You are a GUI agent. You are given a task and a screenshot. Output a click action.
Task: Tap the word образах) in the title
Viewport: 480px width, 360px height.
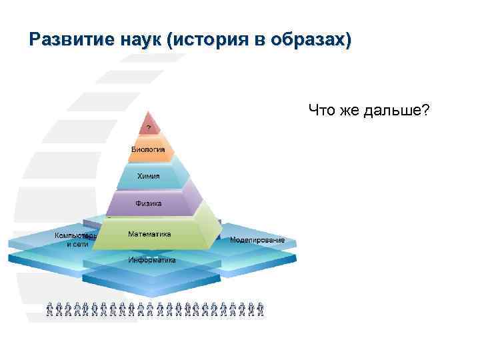pyautogui.click(x=313, y=41)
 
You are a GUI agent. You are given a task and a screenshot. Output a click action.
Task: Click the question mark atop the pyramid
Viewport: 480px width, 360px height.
pyautogui.click(x=149, y=127)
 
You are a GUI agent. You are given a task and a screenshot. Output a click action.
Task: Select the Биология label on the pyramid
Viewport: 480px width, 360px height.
pyautogui.click(x=147, y=150)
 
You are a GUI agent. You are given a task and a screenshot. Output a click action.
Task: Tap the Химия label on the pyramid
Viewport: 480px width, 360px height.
pyautogui.click(x=148, y=176)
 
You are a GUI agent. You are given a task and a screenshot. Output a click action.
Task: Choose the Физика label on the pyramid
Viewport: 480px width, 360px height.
pyautogui.click(x=148, y=203)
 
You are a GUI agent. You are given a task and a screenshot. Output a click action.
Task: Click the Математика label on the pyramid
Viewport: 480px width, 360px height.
pyautogui.click(x=149, y=235)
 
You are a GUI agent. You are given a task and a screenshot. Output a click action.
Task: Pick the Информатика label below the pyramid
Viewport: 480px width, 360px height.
pyautogui.click(x=152, y=260)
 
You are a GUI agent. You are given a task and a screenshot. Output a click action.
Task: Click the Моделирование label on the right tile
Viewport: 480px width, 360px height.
pyautogui.click(x=257, y=240)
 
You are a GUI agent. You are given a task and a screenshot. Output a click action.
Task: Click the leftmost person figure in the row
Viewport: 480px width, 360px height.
pyautogui.click(x=51, y=309)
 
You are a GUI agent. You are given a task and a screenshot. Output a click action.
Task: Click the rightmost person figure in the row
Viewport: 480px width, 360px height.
pyautogui.click(x=261, y=309)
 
